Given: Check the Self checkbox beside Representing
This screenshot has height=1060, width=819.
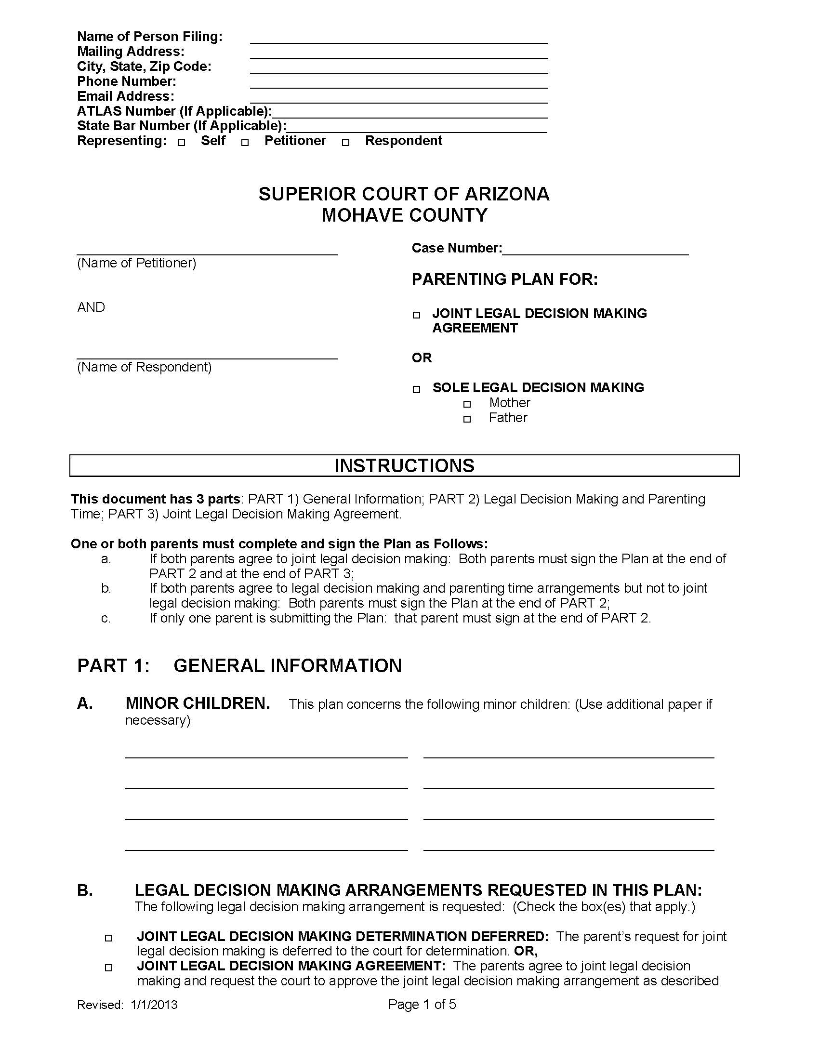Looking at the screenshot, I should (182, 143).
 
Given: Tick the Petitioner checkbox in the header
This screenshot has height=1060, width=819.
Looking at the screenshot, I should (245, 143).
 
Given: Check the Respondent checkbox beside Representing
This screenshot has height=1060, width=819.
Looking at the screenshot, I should (345, 143).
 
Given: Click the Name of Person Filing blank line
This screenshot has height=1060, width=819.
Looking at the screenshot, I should (398, 39).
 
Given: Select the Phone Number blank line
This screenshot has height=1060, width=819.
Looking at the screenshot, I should (398, 83).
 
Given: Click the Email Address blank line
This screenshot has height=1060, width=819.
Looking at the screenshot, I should (398, 97).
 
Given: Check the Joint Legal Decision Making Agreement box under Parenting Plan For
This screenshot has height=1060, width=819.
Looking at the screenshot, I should (416, 315).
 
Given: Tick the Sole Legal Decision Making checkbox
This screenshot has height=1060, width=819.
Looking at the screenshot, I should (416, 389).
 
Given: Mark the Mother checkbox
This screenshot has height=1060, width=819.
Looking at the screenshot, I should (467, 404).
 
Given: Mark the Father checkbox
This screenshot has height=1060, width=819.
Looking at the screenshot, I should (467, 419).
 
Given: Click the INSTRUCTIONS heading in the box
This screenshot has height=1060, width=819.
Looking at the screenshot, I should (404, 465).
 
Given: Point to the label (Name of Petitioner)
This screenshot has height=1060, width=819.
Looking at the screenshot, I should (136, 263).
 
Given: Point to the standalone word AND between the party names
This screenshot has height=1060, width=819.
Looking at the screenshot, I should (91, 307).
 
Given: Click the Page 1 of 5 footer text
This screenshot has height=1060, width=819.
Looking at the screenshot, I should (422, 1004).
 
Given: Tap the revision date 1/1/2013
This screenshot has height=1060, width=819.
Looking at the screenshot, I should (153, 1005).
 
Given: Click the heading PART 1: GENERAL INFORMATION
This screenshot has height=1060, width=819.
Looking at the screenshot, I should (239, 665).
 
